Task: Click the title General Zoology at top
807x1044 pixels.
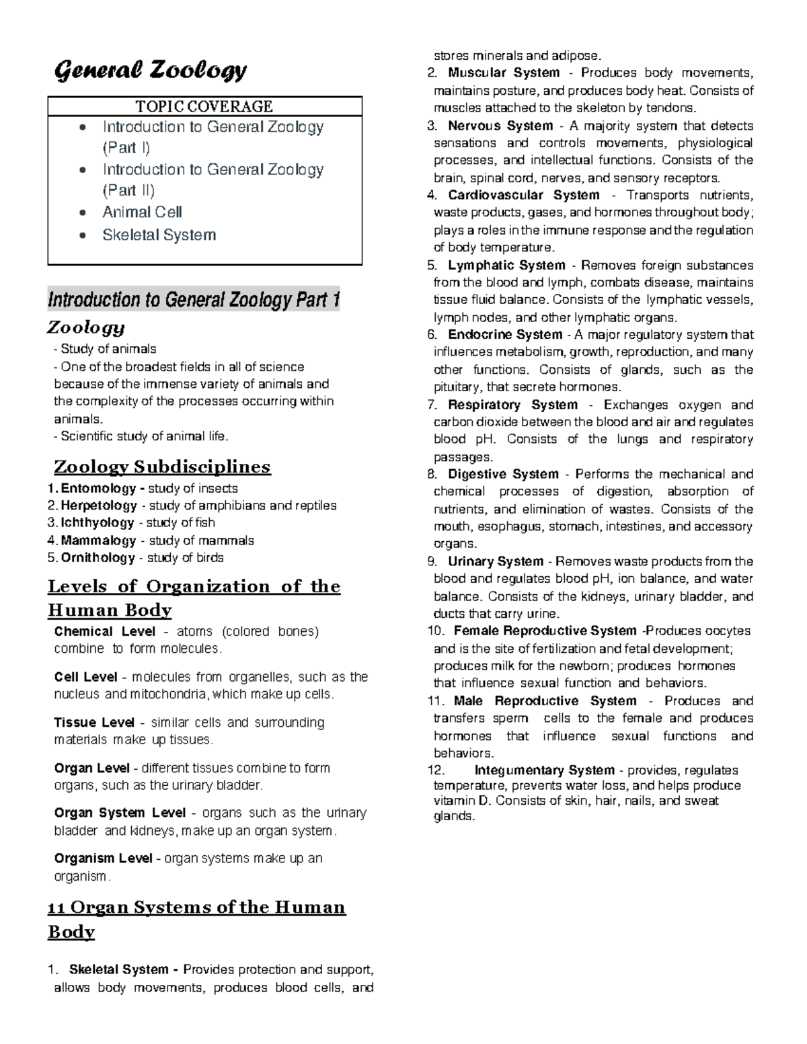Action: [150, 70]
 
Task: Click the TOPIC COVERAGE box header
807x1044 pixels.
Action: [204, 106]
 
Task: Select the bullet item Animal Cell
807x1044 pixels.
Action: [142, 212]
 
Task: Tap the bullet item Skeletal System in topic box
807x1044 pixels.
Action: [159, 235]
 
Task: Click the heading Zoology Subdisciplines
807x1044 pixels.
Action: [162, 467]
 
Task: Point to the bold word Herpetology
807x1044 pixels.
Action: [99, 506]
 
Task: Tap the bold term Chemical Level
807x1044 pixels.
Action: [104, 632]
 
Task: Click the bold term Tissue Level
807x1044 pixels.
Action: [94, 723]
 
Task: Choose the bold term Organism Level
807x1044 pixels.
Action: [103, 858]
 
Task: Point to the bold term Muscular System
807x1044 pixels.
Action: [504, 73]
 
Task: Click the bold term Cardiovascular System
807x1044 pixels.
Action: [523, 196]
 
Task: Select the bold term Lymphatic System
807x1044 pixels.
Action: [506, 266]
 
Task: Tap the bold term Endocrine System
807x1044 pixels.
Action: [504, 335]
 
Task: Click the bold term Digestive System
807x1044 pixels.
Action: [503, 475]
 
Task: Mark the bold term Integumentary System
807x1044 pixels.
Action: [544, 770]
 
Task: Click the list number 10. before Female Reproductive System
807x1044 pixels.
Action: [436, 631]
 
